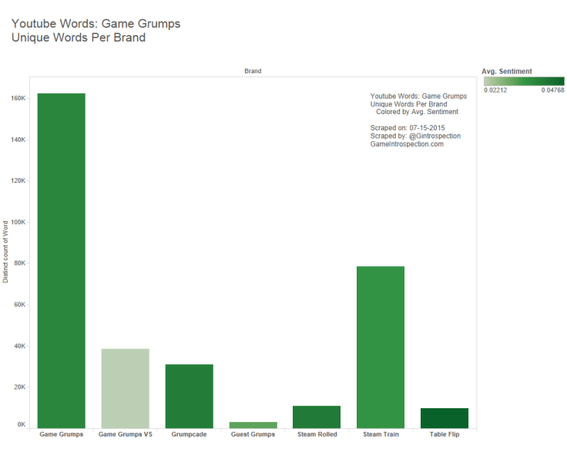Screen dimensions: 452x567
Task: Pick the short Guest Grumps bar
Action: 253,424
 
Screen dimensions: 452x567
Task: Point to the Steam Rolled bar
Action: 317,417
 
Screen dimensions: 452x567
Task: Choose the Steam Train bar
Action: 381,346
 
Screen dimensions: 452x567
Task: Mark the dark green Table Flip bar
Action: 445,417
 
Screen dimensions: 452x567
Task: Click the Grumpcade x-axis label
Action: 189,434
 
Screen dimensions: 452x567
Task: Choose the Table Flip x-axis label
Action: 445,434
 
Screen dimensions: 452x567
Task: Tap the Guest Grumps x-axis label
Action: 253,434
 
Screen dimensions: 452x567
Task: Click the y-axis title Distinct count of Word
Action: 6,251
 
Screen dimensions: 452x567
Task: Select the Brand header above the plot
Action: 252,71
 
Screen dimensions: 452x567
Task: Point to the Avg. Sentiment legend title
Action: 506,72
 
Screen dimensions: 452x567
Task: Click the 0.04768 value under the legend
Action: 552,90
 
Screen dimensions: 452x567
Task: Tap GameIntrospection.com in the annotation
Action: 407,144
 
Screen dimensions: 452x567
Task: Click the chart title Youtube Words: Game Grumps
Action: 96,23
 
